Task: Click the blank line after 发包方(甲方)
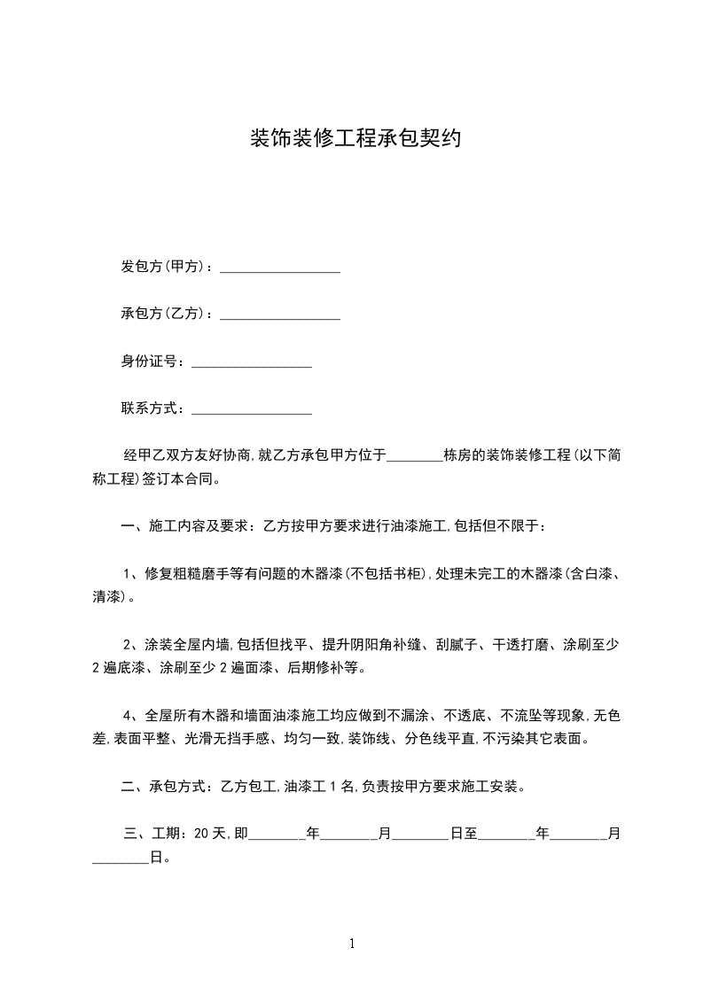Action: coord(280,267)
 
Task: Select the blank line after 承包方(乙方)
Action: coord(280,314)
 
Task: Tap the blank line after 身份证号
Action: coord(252,361)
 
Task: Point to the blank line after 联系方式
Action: coord(252,408)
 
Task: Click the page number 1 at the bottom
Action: coord(352,944)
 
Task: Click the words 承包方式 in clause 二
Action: coord(178,786)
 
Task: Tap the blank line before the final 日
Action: coord(121,858)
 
